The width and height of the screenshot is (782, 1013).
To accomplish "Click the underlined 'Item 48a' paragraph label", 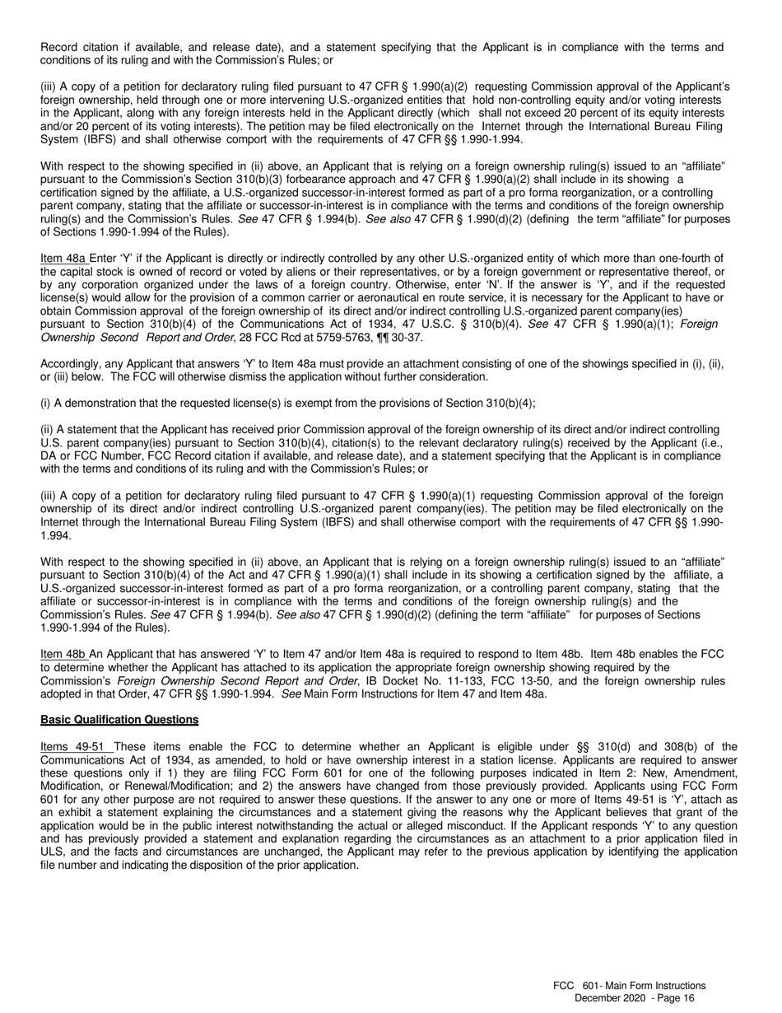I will pyautogui.click(x=63, y=259).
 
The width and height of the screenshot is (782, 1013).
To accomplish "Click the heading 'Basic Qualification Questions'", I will pyautogui.click(x=119, y=720).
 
